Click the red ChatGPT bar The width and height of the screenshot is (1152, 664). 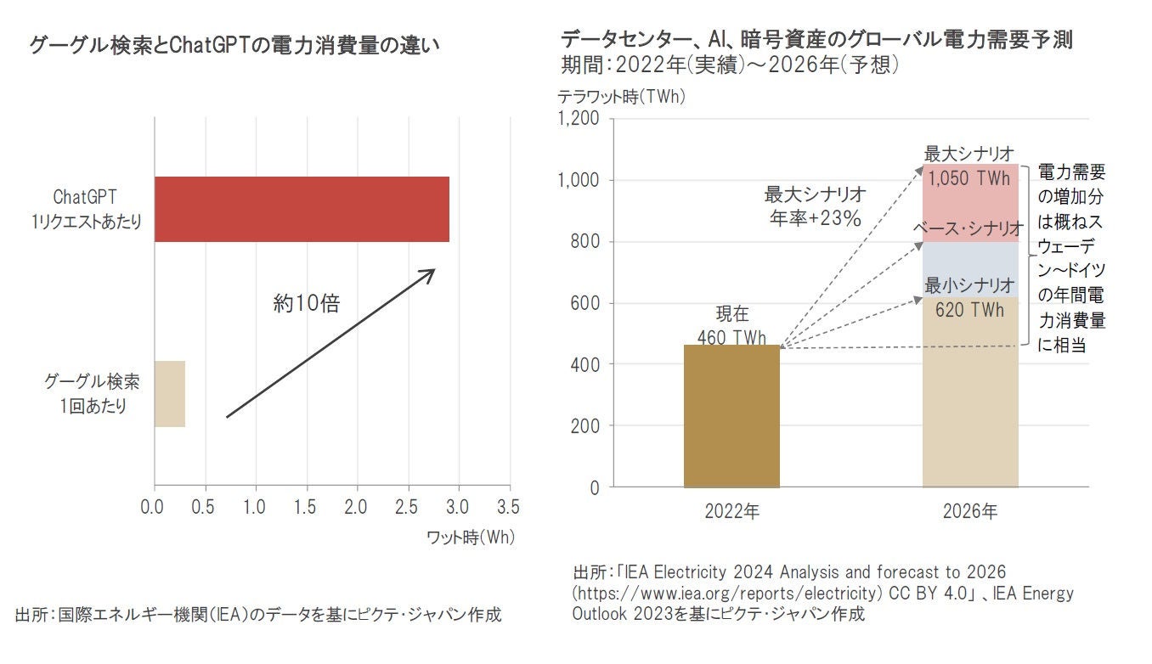302,209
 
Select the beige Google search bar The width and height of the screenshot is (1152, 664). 170,393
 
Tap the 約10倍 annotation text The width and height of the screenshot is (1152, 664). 306,303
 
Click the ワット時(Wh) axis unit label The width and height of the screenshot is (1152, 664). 470,537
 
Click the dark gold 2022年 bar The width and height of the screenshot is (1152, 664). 731,416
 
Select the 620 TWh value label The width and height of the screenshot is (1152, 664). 969,310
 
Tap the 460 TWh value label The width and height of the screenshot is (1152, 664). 731,337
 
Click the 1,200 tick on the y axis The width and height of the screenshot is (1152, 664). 579,119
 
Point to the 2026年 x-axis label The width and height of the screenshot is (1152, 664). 970,512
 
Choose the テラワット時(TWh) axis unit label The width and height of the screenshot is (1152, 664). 621,97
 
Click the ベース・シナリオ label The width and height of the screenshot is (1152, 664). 969,228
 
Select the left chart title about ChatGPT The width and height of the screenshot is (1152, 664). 234,45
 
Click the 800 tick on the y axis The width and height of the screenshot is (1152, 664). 584,242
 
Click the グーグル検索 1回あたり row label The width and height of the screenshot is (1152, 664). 93,394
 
